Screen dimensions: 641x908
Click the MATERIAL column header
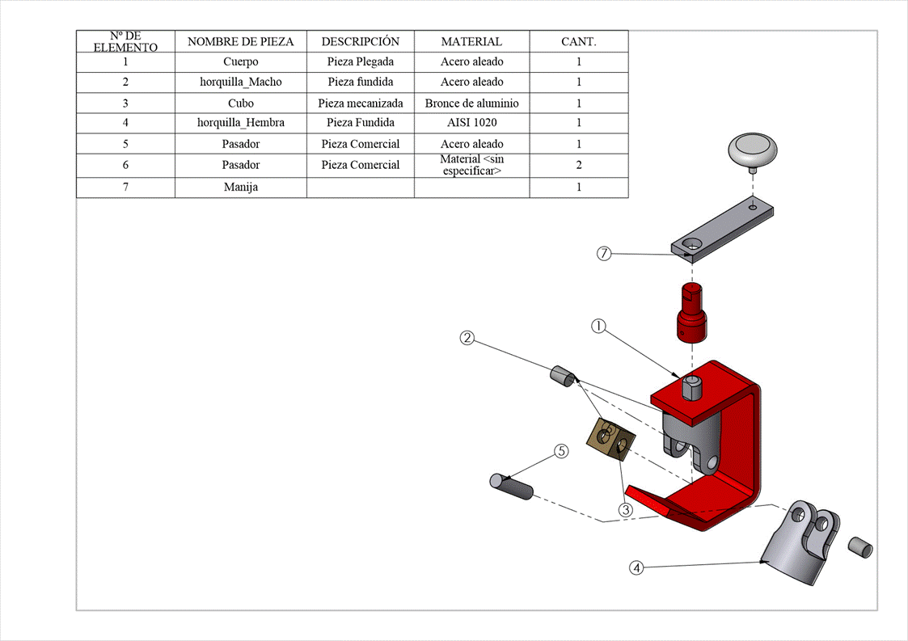pyautogui.click(x=471, y=42)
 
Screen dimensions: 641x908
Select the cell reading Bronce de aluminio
pyautogui.click(x=471, y=103)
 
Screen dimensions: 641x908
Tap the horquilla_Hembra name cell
pyautogui.click(x=240, y=123)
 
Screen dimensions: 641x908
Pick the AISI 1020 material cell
pyautogui.click(x=471, y=123)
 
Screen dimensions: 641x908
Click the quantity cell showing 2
pyautogui.click(x=579, y=165)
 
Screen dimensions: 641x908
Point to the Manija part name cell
pyautogui.click(x=240, y=187)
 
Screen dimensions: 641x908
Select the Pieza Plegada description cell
pyautogui.click(x=360, y=61)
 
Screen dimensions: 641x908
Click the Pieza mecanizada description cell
pyautogui.click(x=360, y=103)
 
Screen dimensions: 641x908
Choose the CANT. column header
pyautogui.click(x=579, y=42)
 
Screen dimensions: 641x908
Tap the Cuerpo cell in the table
pyautogui.click(x=240, y=61)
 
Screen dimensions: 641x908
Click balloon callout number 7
pyautogui.click(x=604, y=254)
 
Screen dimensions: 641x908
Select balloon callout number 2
pyautogui.click(x=467, y=338)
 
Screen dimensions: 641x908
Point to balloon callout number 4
pyautogui.click(x=636, y=567)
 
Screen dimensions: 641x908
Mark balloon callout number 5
pyautogui.click(x=561, y=451)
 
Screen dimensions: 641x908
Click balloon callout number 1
pyautogui.click(x=598, y=327)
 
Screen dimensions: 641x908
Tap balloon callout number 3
pyautogui.click(x=625, y=510)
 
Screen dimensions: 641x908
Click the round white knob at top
pyautogui.click(x=754, y=151)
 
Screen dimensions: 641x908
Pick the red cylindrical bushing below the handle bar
pyautogui.click(x=691, y=315)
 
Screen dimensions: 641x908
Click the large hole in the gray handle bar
pyautogui.click(x=692, y=244)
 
